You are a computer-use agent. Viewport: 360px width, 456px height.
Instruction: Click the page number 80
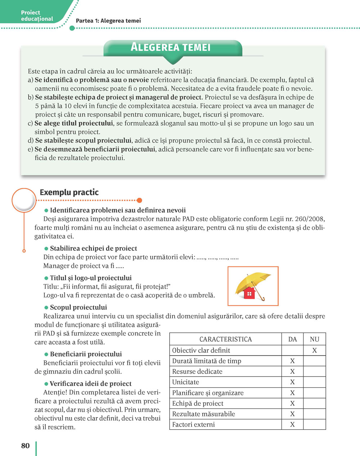pos(25,446)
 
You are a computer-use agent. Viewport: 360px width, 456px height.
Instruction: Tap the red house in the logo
pos(249,293)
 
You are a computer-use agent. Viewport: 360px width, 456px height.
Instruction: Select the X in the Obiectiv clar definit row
pos(314,350)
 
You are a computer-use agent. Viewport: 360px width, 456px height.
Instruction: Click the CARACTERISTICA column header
pos(225,339)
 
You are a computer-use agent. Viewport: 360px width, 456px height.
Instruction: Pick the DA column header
pos(292,339)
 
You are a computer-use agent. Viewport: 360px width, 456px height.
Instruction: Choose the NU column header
pos(314,339)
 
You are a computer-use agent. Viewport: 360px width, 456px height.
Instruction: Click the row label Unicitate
pos(185,382)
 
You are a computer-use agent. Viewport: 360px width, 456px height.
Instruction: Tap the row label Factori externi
pos(193,424)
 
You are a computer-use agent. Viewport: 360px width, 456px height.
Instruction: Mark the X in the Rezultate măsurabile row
pos(292,414)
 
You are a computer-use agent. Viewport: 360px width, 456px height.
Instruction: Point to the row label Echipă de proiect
pos(198,403)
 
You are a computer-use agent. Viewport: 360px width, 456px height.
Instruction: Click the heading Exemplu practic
pos(69,192)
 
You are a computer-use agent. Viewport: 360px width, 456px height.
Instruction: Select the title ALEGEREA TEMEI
pos(170,47)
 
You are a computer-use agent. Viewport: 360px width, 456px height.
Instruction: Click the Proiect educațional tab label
pos(37,15)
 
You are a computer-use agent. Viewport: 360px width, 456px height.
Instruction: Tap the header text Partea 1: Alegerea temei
pos(108,21)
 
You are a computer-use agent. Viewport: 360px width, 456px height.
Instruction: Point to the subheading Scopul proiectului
pos(78,307)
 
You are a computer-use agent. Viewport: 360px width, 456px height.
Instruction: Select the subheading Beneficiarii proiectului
pos(86,354)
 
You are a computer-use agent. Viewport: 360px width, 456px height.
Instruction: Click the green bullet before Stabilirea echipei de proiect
pos(46,248)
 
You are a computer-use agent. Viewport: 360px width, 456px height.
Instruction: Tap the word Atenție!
pos(55,392)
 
